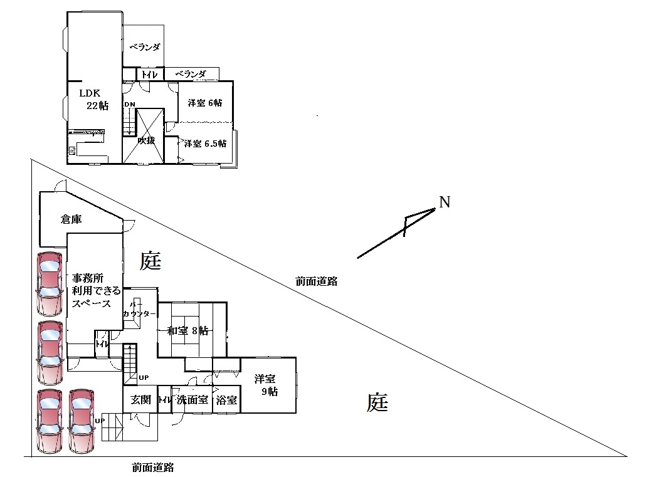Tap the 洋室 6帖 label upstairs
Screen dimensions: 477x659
click(x=205, y=103)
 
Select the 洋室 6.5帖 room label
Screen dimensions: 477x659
click(x=205, y=143)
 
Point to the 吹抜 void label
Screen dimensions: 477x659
click(x=147, y=140)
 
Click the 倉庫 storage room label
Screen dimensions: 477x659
click(x=71, y=219)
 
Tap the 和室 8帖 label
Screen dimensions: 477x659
click(x=187, y=331)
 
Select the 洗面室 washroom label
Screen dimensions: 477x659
click(x=192, y=400)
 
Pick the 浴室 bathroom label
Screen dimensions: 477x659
click(x=226, y=400)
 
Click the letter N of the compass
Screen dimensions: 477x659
click(x=444, y=202)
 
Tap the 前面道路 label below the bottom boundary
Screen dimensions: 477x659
click(x=152, y=467)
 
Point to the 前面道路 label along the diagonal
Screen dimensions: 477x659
click(x=317, y=281)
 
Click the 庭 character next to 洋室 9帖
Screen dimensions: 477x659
click(x=377, y=402)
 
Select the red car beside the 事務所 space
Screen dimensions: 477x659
click(x=49, y=283)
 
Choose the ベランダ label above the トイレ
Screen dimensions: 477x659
click(x=144, y=47)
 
